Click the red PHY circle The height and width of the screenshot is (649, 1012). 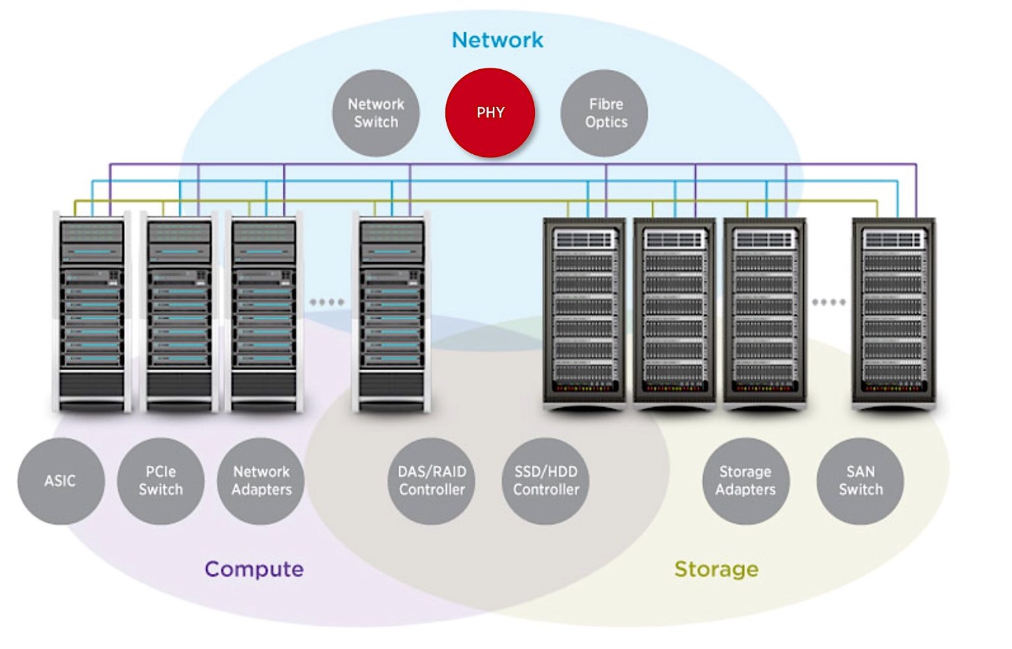(x=490, y=113)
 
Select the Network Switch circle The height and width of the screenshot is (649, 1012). (x=376, y=113)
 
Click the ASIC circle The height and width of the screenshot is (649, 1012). (x=61, y=481)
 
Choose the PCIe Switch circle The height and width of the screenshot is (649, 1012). (x=161, y=481)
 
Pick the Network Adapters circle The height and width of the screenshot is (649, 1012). (x=261, y=481)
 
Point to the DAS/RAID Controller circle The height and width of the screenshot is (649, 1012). (x=432, y=481)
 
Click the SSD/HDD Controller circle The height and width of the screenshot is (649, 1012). (x=546, y=481)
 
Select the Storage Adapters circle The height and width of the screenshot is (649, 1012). (x=746, y=481)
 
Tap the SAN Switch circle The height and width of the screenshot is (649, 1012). (x=860, y=481)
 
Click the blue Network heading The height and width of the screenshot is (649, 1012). (x=497, y=40)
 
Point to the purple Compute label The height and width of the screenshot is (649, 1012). (x=254, y=569)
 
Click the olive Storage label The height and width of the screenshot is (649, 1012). (x=716, y=569)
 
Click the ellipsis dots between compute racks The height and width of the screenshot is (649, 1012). (x=327, y=302)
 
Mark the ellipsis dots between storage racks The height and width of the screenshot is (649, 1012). (x=828, y=302)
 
